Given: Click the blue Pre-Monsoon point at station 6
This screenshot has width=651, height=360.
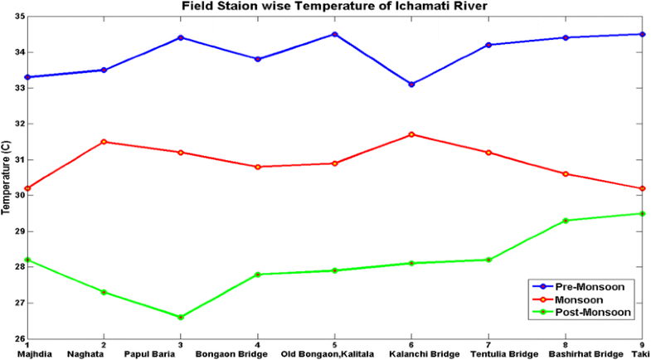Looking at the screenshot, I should point(411,84).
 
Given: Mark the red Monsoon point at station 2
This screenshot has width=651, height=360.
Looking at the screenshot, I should point(104,142).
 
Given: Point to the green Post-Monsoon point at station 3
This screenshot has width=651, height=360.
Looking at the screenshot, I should point(181,317).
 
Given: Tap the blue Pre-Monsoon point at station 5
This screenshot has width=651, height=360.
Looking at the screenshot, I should point(334,34).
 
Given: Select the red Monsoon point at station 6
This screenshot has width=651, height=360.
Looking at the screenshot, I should point(411,134).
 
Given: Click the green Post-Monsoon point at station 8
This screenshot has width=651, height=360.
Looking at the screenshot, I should point(566,221).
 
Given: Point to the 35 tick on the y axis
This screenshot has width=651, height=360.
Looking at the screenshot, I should point(19,17).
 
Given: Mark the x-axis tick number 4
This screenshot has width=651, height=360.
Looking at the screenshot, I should point(258,345).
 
